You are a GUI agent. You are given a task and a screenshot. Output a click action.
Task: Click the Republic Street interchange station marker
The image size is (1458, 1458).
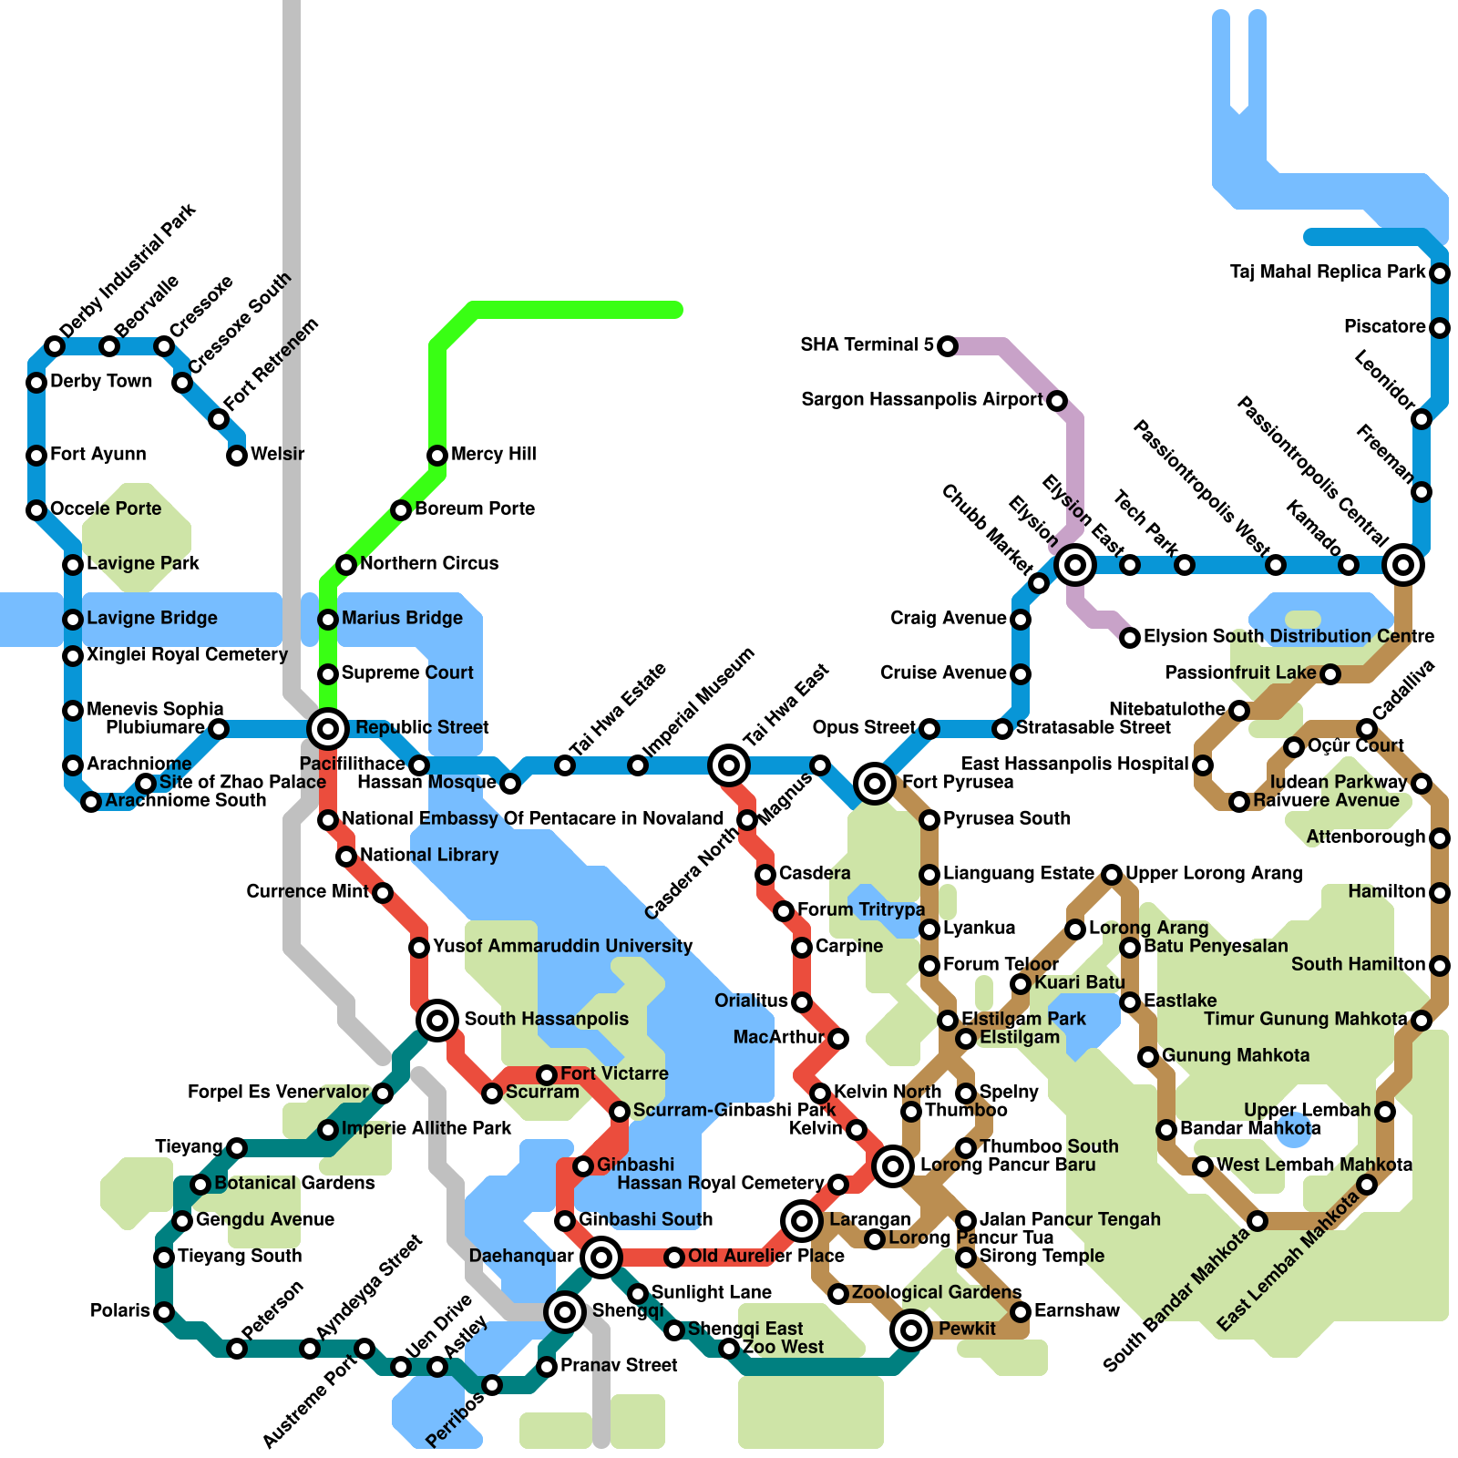coord(328,728)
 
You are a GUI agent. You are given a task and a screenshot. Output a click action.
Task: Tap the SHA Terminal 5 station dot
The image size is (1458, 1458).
coord(948,345)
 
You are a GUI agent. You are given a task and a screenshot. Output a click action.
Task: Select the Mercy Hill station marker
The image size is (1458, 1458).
coord(437,455)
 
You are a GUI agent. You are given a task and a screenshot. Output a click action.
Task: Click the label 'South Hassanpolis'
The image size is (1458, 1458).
coord(546,1019)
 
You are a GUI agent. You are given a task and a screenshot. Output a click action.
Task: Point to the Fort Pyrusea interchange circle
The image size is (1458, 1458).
coord(875,783)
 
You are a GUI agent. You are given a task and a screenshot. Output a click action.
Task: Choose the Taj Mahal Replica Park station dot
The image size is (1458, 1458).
coord(1440,272)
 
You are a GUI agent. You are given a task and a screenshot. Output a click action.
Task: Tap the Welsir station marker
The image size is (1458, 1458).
coord(237,455)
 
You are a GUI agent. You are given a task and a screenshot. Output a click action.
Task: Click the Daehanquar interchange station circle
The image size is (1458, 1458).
coord(601,1258)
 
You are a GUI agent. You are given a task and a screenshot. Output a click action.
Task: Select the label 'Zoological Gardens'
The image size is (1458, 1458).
coord(936,1292)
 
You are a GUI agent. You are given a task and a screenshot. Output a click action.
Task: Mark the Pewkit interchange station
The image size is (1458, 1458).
coord(911,1330)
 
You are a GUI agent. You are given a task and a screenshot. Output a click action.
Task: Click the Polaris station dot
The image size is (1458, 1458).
coord(164,1312)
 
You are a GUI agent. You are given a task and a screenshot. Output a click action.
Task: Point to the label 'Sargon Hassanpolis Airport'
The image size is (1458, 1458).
coord(921,399)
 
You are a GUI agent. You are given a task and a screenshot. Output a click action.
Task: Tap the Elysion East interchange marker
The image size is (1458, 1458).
coord(1075,565)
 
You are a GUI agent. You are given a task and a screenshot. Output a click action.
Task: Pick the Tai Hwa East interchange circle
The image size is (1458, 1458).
coord(729,765)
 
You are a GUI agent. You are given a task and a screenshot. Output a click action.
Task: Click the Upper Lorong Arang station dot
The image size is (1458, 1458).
coord(1112,875)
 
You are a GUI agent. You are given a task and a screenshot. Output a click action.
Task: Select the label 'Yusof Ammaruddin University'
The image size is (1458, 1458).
coord(562,946)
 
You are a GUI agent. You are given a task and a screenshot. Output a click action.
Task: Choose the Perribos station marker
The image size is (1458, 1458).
coord(492,1385)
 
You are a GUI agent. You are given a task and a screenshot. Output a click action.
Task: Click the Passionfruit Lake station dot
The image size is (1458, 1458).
coord(1330,674)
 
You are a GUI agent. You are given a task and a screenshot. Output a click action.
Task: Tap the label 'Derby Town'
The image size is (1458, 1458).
coord(101,381)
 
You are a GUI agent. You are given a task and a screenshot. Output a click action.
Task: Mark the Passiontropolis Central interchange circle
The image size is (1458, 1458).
coord(1403,565)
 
